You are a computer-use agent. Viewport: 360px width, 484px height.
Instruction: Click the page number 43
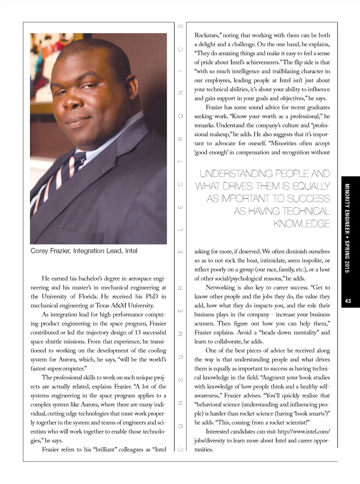(x=348, y=301)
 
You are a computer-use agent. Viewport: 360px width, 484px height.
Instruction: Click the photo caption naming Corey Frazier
(x=84, y=251)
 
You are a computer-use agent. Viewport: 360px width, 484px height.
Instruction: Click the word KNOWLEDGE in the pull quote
(x=302, y=223)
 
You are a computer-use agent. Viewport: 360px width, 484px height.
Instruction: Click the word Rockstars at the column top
(x=207, y=35)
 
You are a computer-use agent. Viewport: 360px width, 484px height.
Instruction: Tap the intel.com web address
(x=303, y=432)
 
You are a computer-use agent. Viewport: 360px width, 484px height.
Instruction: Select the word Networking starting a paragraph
(x=220, y=287)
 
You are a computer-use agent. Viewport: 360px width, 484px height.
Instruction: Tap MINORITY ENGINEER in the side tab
(x=347, y=209)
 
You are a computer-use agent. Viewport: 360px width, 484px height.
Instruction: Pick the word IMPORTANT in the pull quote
(x=245, y=198)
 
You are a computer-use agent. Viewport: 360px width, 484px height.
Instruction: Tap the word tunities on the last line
(x=204, y=450)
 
